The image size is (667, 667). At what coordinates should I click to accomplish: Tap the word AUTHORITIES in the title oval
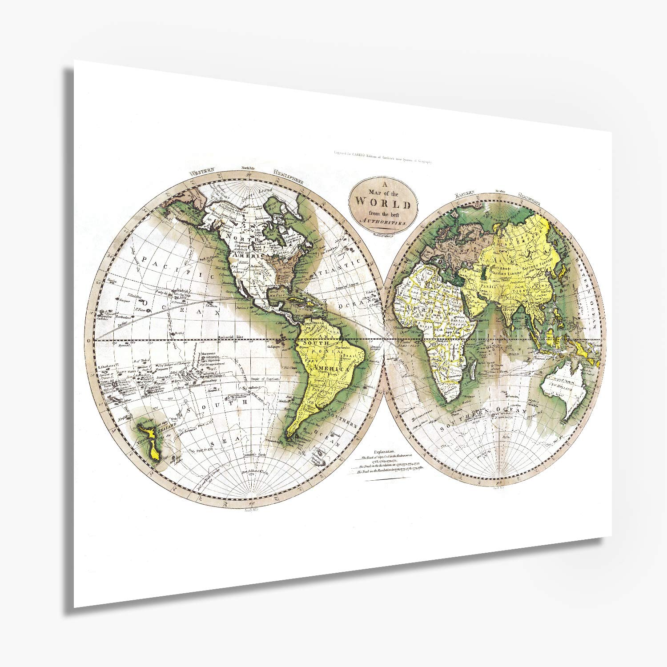(383, 221)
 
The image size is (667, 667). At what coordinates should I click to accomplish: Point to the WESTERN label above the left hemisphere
(201, 172)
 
